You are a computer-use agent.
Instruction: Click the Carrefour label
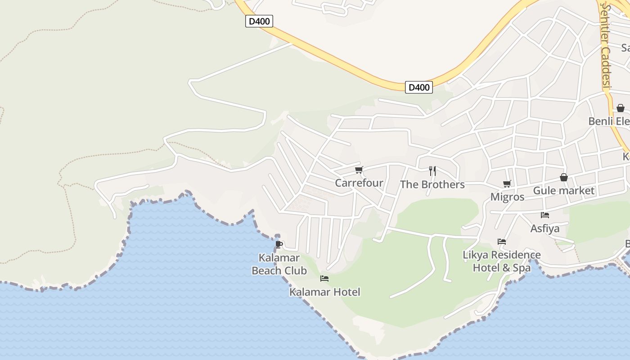pos(359,183)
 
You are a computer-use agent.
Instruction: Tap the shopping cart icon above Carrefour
pos(359,170)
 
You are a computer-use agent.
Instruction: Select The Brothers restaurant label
pos(432,184)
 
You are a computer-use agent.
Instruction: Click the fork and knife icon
pos(432,171)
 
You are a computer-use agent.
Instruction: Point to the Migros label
pos(507,197)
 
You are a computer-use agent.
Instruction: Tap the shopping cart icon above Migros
pos(507,184)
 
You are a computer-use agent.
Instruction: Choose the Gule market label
pos(563,191)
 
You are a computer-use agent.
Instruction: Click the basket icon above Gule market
pos(563,178)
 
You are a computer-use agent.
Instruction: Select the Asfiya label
pos(545,229)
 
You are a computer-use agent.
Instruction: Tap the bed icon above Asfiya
pos(545,215)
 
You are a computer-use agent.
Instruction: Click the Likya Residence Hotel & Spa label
pos(502,261)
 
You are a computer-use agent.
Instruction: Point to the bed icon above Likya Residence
pos(502,242)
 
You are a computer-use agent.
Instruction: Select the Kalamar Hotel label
pos(324,292)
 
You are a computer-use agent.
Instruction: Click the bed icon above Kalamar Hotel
pos(324,279)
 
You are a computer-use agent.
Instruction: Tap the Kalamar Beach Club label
pos(279,264)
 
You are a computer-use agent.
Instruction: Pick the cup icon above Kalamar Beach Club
pos(279,244)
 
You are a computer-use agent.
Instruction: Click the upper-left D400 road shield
pos(259,21)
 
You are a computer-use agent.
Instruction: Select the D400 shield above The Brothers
pos(418,87)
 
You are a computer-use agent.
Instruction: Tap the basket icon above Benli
pos(621,108)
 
